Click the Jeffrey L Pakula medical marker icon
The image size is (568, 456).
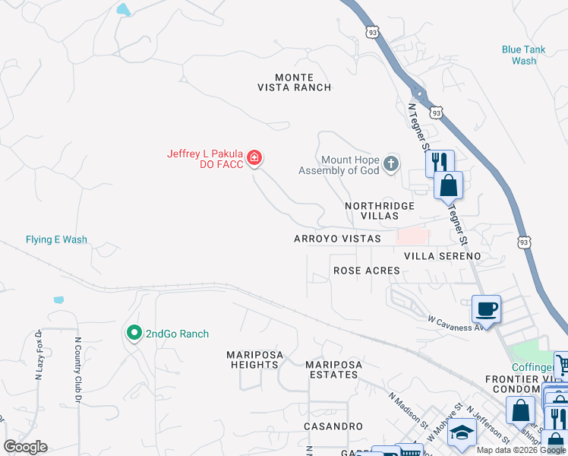coord(255,158)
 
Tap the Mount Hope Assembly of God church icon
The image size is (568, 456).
coord(390,163)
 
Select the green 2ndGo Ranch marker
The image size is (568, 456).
coord(134,333)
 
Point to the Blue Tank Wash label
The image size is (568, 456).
coord(523,55)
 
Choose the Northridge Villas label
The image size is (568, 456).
coord(380,211)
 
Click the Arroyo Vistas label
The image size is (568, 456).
coord(337,239)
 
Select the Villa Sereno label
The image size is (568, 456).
coord(442,256)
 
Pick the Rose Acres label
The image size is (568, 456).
coord(366,271)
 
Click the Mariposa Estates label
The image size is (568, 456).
coord(331,370)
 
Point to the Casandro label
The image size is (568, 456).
coord(333,426)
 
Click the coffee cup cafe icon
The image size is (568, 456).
coord(486,309)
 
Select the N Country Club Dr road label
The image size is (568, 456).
coord(77,369)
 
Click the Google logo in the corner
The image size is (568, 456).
coord(24,447)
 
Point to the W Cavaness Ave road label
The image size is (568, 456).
coord(456,324)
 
